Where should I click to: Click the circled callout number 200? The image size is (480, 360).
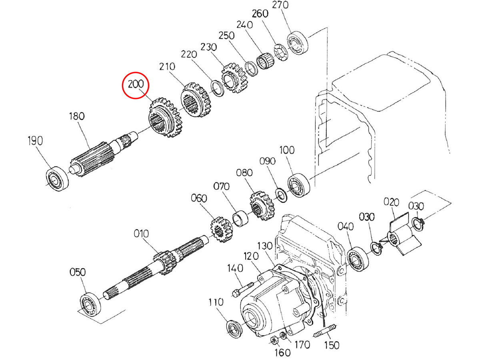pos(135,85)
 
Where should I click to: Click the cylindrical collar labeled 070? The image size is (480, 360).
pos(242,219)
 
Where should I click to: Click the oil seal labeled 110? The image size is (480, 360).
pos(234,329)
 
